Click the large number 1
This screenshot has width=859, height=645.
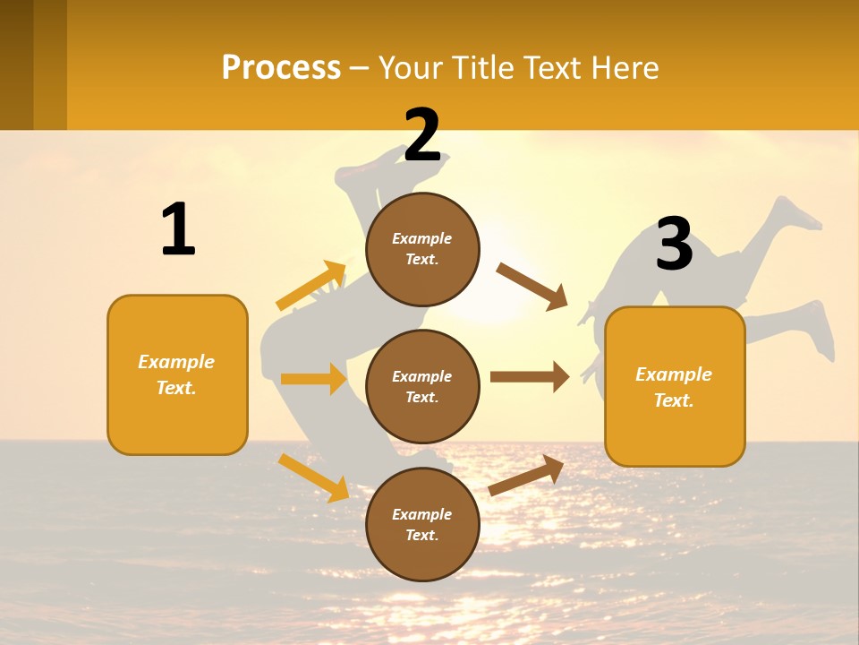pos(178,229)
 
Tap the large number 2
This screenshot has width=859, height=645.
pos(422,135)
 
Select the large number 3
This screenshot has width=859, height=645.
pos(674,244)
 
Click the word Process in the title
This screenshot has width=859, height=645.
pos(281,67)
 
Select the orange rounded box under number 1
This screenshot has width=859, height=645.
pos(177,374)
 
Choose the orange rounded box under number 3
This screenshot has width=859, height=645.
pos(675,386)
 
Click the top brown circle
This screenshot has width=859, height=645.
pos(422,249)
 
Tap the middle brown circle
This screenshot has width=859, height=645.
pos(422,386)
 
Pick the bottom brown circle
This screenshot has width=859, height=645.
pos(422,524)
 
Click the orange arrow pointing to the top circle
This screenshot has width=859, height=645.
pos(311,286)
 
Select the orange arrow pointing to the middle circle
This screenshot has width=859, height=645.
pos(313,379)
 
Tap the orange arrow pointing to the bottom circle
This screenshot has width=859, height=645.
pos(313,477)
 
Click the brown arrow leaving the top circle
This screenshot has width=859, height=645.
pos(532,286)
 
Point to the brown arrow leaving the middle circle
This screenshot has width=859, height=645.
pos(530,377)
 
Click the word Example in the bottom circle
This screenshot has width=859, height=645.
pos(421,514)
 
